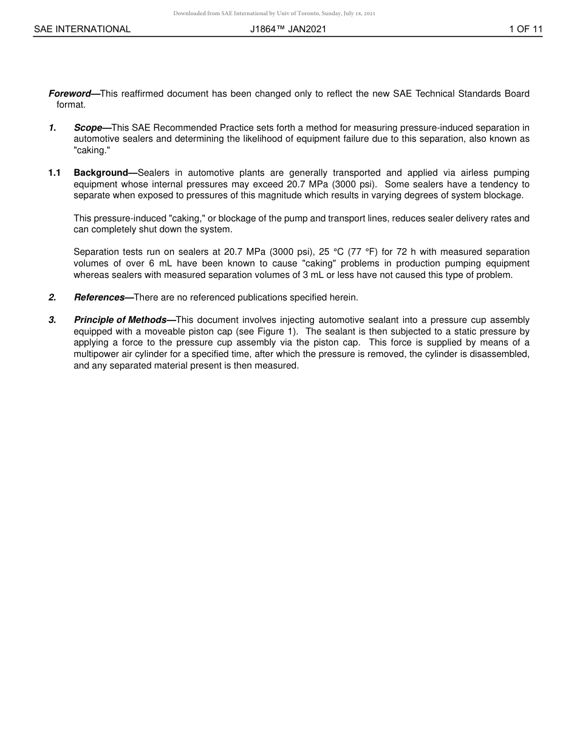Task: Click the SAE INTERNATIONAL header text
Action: [82, 29]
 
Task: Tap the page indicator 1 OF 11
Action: [525, 29]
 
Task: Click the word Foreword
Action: [69, 94]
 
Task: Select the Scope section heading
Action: [88, 128]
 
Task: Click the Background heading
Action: [101, 173]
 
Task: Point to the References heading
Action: [99, 297]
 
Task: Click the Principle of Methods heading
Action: [120, 320]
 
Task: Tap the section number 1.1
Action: [54, 173]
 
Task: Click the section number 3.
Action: [52, 320]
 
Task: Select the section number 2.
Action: [52, 297]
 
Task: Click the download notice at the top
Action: [274, 13]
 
